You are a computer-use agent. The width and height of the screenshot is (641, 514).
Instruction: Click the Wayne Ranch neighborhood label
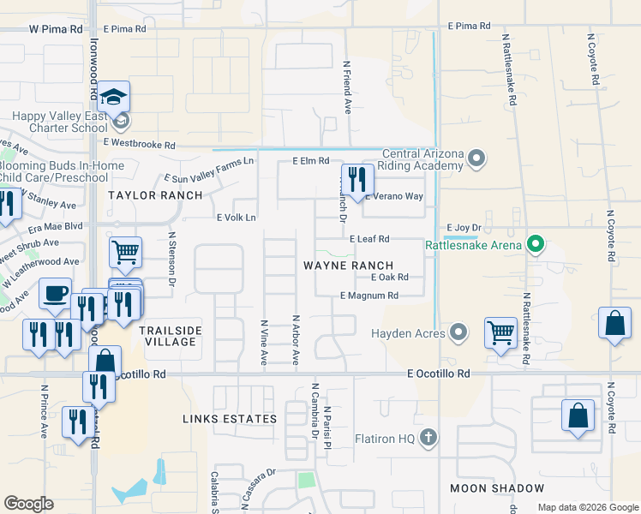(348, 266)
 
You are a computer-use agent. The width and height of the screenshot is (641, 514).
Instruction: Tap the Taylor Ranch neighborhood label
(155, 195)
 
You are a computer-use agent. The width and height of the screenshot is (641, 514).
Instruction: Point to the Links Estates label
(230, 419)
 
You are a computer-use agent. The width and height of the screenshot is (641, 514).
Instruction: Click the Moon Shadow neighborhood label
(497, 488)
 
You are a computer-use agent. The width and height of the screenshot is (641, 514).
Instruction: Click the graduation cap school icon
(113, 97)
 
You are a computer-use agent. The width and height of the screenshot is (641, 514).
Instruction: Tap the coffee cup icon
(56, 294)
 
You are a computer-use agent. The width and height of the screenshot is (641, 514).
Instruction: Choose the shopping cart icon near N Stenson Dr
(125, 253)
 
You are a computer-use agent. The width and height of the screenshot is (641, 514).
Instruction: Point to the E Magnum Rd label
(369, 296)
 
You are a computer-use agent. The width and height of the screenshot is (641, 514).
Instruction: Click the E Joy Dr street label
(464, 227)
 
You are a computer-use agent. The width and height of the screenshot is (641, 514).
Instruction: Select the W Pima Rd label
(56, 28)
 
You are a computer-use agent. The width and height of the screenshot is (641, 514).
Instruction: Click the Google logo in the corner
(28, 504)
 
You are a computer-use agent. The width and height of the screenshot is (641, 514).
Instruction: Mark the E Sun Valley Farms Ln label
(209, 169)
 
